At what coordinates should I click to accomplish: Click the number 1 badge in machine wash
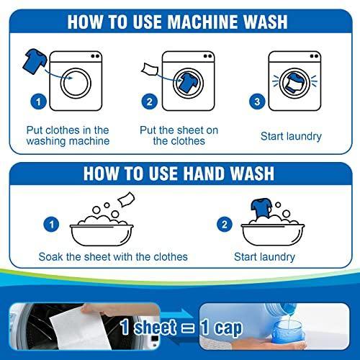[38, 102]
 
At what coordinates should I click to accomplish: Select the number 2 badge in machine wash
[149, 102]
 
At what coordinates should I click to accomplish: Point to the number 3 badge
[257, 102]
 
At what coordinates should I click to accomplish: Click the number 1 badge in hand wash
[51, 225]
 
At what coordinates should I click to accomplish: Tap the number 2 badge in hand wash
[225, 225]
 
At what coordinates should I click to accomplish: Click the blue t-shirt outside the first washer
[35, 61]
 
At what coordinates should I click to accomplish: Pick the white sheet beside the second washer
[150, 70]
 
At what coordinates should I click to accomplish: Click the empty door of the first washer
[76, 84]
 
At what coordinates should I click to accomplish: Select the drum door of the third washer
[294, 84]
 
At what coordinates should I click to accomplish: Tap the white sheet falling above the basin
[126, 199]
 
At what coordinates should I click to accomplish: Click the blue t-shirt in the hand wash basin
[261, 208]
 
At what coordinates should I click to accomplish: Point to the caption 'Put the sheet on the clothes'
[179, 135]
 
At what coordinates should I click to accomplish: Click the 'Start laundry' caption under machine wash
[291, 136]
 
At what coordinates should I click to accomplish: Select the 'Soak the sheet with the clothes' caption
[113, 257]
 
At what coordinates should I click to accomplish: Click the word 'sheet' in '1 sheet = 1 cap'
[155, 328]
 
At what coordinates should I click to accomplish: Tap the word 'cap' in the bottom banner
[228, 328]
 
